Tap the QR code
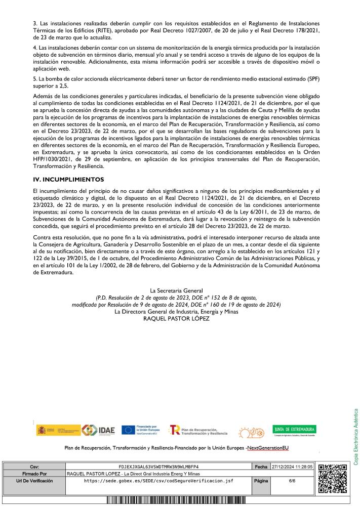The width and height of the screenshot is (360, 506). (332, 478)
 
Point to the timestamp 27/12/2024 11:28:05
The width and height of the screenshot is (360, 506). (293, 466)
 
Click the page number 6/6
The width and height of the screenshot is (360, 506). (292, 481)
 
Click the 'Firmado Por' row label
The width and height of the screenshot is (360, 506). (34, 473)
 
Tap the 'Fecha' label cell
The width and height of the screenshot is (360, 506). (261, 466)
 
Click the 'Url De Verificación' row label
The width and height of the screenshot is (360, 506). (34, 481)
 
